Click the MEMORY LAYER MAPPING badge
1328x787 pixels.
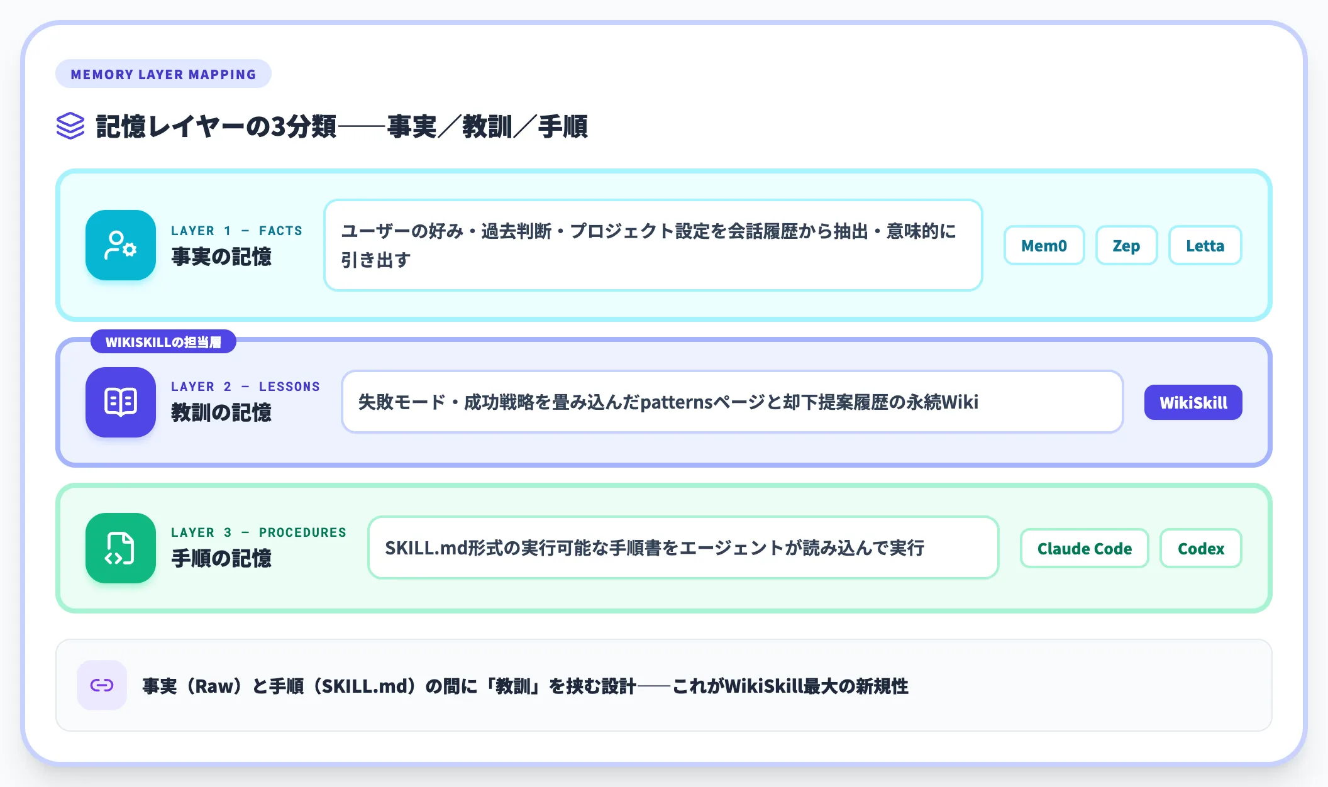pyautogui.click(x=163, y=74)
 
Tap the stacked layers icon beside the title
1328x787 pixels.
pyautogui.click(x=70, y=126)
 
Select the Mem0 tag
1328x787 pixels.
pyautogui.click(x=1044, y=245)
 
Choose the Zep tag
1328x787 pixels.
pyautogui.click(x=1126, y=245)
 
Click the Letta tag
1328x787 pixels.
pyautogui.click(x=1205, y=245)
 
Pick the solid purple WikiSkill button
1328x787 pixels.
pyautogui.click(x=1193, y=402)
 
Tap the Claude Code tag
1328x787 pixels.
pyautogui.click(x=1084, y=548)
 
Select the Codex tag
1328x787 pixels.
pyautogui.click(x=1200, y=548)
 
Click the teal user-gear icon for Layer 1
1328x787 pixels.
pyautogui.click(x=121, y=245)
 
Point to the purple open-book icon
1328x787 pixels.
pyautogui.click(x=121, y=402)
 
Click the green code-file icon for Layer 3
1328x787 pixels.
pyautogui.click(x=121, y=548)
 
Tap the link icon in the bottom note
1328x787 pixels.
pyautogui.click(x=102, y=685)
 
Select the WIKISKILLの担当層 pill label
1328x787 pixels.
pyautogui.click(x=163, y=342)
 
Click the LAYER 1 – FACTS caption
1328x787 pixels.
pyautogui.click(x=236, y=231)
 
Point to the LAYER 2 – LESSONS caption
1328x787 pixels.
pyautogui.click(x=245, y=387)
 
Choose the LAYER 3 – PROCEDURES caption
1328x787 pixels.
pyautogui.click(x=258, y=532)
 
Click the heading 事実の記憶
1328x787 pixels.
pyautogui.click(x=221, y=256)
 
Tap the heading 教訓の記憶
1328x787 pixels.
pyautogui.click(x=221, y=412)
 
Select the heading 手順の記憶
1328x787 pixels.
pyautogui.click(x=221, y=558)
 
